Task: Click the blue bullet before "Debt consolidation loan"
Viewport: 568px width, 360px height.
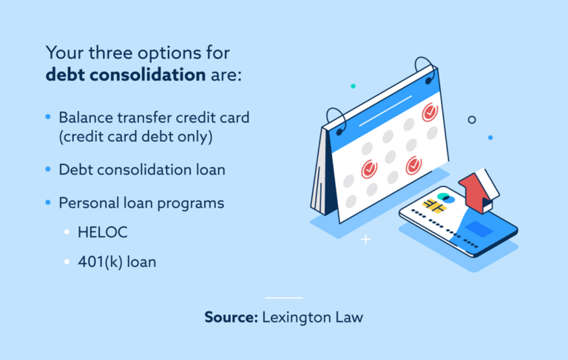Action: [48, 169]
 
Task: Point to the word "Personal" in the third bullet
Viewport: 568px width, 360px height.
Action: [89, 202]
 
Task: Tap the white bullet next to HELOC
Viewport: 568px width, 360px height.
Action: [67, 232]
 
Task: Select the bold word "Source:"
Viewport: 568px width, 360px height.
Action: [230, 319]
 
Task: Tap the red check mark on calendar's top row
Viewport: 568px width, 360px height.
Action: [429, 113]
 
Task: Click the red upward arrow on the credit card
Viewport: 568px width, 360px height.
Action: [476, 189]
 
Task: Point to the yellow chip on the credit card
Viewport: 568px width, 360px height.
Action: [433, 206]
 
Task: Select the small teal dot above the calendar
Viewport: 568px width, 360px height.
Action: [353, 86]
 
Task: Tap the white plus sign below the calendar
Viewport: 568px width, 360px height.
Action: [365, 240]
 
